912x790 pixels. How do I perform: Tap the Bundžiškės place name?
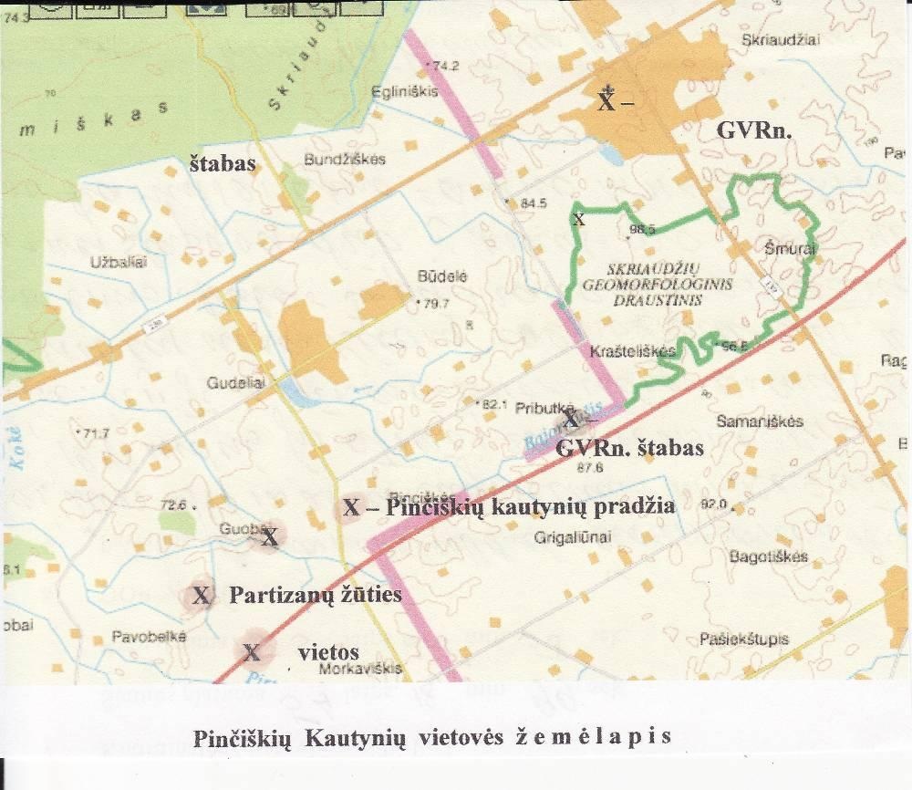(x=344, y=159)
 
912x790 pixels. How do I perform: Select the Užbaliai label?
(x=119, y=262)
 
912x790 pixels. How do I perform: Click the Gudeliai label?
(x=235, y=384)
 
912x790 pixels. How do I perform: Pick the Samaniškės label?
(x=760, y=421)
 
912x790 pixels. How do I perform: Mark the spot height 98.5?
(x=642, y=230)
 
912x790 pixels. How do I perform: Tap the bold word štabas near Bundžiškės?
(x=222, y=164)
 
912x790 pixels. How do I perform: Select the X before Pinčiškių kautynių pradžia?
(x=352, y=507)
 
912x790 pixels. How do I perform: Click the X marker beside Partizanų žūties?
(x=202, y=596)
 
